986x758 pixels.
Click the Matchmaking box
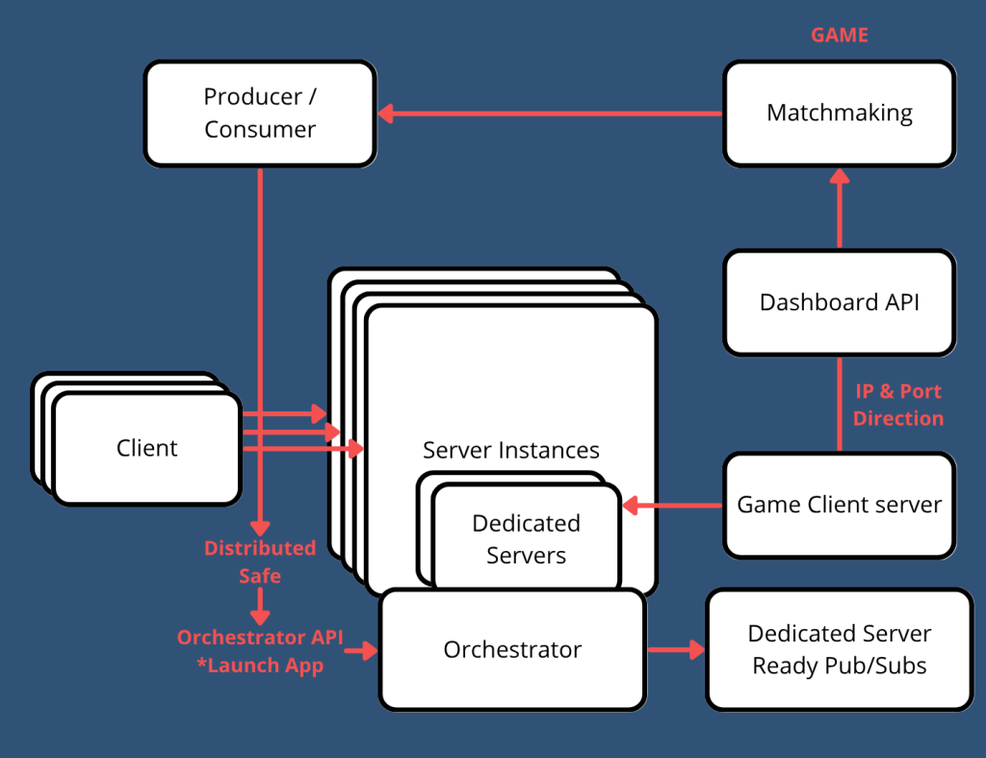839,114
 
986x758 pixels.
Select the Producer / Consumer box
259,114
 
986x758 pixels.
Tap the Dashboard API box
839,302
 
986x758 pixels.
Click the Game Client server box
839,505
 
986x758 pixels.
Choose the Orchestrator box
511,650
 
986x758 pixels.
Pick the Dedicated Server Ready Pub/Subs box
839,650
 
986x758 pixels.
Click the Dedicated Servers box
526,539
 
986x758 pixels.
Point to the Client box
146,448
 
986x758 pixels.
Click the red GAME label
839,36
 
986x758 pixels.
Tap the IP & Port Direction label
897,405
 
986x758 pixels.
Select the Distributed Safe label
259,562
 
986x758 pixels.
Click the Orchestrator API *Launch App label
259,651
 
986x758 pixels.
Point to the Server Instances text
510,450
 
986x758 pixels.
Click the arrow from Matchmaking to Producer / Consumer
549,114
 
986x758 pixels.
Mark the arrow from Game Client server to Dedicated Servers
673,505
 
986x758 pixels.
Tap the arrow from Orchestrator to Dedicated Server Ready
675,650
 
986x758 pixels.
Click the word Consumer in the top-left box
259,129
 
